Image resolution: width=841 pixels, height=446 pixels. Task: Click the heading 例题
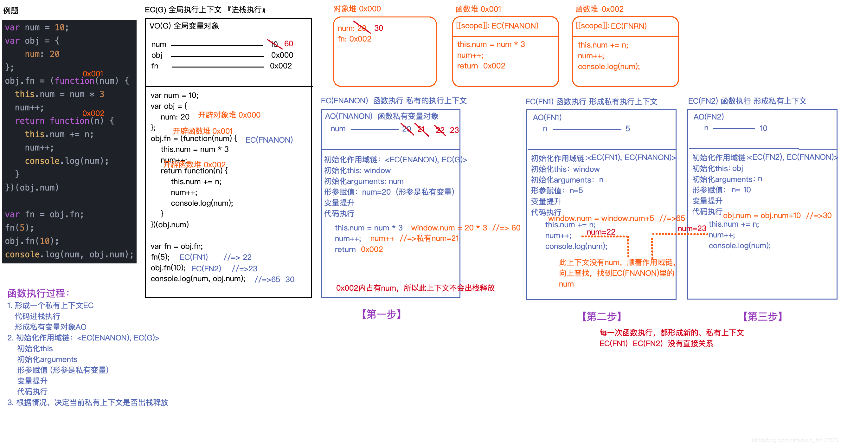(11, 10)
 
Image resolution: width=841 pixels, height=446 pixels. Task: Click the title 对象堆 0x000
(357, 9)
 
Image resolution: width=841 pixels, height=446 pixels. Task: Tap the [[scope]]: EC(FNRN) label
(611, 26)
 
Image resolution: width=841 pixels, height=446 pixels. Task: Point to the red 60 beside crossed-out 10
(288, 43)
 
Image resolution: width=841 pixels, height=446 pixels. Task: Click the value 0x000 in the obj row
(282, 55)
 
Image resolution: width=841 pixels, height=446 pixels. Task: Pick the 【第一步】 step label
(381, 314)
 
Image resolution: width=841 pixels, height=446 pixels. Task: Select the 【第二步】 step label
(601, 316)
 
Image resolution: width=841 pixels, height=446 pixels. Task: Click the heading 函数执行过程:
(39, 293)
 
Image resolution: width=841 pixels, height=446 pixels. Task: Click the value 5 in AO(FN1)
(627, 129)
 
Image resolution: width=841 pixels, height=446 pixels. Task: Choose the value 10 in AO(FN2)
(763, 128)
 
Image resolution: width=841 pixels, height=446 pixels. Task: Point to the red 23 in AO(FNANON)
(454, 130)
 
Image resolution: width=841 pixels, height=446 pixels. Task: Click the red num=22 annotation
(601, 232)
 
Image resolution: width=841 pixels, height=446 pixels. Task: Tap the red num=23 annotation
(691, 229)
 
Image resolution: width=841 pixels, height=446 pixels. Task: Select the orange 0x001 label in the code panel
(93, 74)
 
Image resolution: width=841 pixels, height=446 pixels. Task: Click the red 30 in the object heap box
(378, 28)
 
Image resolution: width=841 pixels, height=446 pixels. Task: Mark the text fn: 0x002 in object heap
(354, 39)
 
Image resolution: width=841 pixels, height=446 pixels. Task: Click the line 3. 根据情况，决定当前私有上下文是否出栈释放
(87, 402)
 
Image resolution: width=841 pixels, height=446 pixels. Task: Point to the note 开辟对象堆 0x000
(229, 115)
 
